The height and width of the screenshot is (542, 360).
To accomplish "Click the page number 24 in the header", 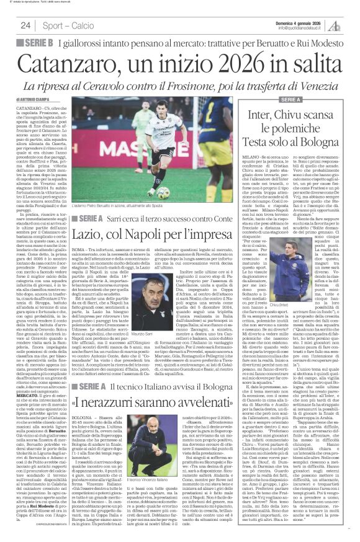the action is (26, 25).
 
